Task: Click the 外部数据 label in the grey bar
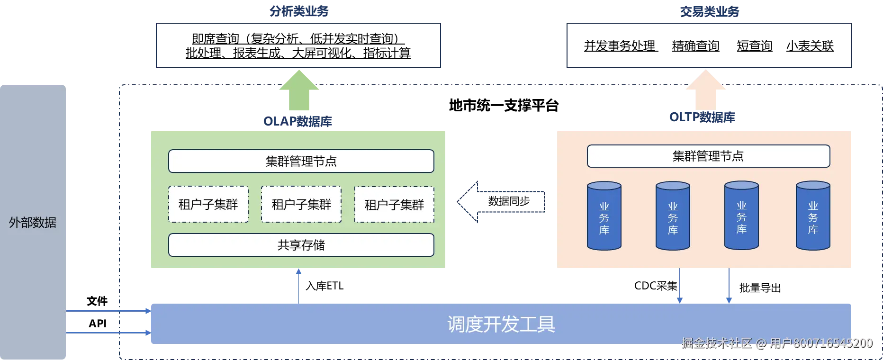(x=33, y=222)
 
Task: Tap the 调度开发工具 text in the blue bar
(x=501, y=324)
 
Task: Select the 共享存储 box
(x=301, y=245)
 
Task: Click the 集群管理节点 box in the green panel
(x=301, y=161)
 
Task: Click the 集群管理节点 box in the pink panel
(x=708, y=156)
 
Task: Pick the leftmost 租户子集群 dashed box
(x=208, y=205)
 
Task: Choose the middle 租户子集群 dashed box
(x=301, y=205)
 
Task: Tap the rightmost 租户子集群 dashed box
(x=394, y=205)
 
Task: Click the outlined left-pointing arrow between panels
(x=500, y=201)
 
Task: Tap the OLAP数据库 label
(x=297, y=121)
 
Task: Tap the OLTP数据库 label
(x=702, y=117)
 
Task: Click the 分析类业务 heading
(x=299, y=11)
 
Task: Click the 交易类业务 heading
(x=709, y=11)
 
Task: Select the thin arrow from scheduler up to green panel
(x=298, y=286)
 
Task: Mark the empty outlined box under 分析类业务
(x=299, y=45)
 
